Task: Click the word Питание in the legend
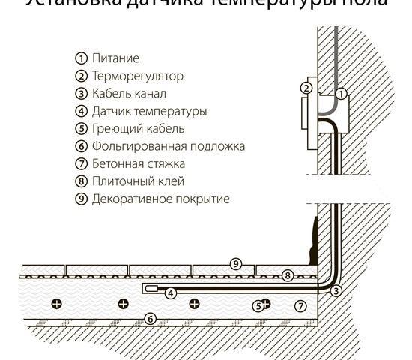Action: click(x=115, y=58)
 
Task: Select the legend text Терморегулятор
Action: click(x=137, y=76)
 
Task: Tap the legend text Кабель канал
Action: click(x=129, y=94)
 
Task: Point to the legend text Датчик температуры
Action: click(x=149, y=111)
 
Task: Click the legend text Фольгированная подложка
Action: click(x=168, y=146)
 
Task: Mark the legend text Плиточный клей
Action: click(x=137, y=181)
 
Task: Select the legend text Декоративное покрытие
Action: click(x=160, y=199)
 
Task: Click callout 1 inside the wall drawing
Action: click(x=341, y=94)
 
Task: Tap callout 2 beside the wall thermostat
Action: click(x=306, y=88)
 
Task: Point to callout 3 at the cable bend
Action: click(x=336, y=291)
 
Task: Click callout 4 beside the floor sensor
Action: click(x=171, y=292)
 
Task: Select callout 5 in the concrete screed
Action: click(x=257, y=305)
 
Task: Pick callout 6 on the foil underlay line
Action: click(x=150, y=319)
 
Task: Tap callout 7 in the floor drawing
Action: click(x=300, y=305)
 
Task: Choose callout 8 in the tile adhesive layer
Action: click(x=288, y=276)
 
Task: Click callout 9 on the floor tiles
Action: click(x=235, y=263)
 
